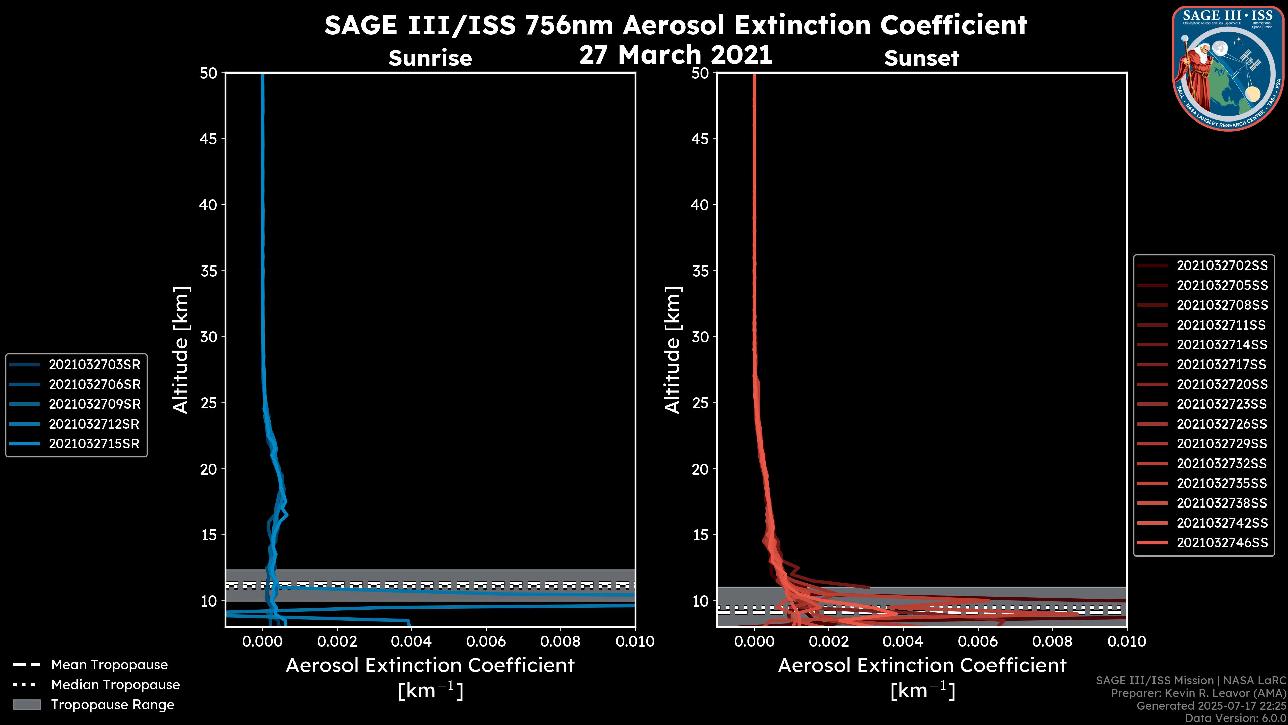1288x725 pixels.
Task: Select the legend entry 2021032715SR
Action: pyautogui.click(x=94, y=444)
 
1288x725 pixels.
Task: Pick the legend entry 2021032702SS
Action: pyautogui.click(x=1222, y=266)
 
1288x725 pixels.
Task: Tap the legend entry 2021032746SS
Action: pyautogui.click(x=1222, y=543)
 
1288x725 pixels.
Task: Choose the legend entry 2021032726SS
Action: pyautogui.click(x=1222, y=424)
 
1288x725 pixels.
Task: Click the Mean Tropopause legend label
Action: pyautogui.click(x=109, y=665)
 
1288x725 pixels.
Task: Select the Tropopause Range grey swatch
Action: pyautogui.click(x=27, y=705)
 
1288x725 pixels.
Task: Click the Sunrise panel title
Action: pyautogui.click(x=430, y=58)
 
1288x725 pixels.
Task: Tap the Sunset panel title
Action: pyautogui.click(x=921, y=58)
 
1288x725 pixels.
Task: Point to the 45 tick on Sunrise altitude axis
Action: pyautogui.click(x=209, y=139)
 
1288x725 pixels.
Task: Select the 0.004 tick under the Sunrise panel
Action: pyautogui.click(x=411, y=641)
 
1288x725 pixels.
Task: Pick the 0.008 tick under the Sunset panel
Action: pyautogui.click(x=1053, y=641)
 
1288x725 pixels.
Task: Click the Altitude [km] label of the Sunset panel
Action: pyautogui.click(x=673, y=350)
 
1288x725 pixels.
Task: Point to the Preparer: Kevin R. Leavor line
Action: pyautogui.click(x=1198, y=693)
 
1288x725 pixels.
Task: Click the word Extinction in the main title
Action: pyautogui.click(x=775, y=25)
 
